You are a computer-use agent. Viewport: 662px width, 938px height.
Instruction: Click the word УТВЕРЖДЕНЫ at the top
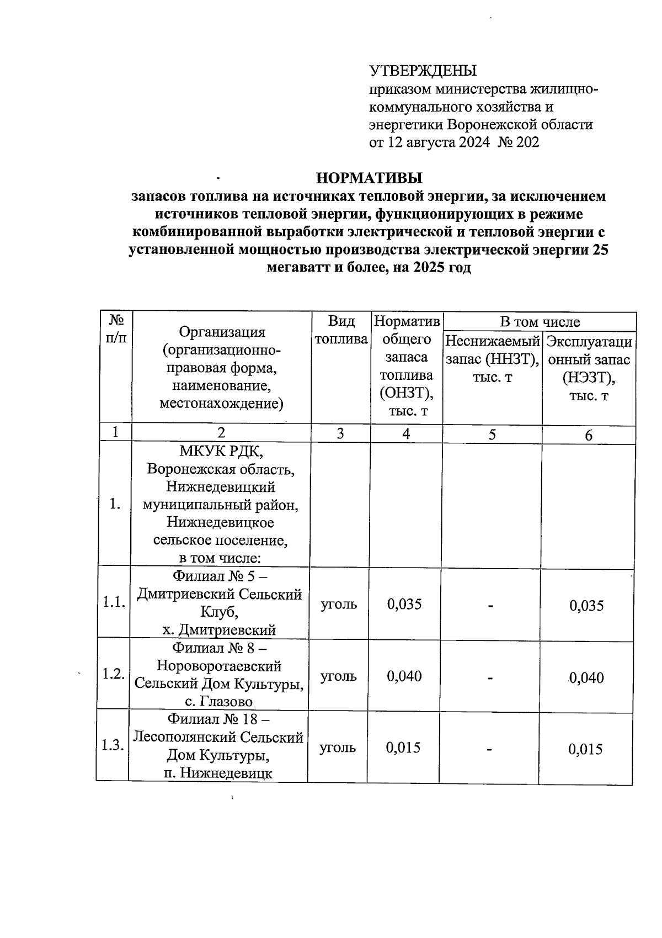pos(423,71)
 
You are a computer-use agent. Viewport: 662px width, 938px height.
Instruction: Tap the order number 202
pos(528,142)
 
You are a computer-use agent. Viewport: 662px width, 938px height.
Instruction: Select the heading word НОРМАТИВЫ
pos(369,178)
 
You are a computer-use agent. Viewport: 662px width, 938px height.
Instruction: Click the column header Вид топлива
pos(341,330)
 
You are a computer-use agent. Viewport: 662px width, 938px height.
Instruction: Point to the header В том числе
pos(540,321)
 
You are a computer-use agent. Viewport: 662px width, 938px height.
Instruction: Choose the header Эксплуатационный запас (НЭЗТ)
pos(589,368)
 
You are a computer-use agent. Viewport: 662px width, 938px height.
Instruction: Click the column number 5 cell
pos(492,434)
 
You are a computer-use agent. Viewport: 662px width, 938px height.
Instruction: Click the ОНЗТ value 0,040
pos(404,676)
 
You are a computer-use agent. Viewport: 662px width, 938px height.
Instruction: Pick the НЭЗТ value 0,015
pos(586,749)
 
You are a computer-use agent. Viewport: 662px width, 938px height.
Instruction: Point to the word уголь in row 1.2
pos(338,676)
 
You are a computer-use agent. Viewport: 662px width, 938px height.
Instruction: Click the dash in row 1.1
pos(490,606)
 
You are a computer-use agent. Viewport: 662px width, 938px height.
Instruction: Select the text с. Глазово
pos(218,702)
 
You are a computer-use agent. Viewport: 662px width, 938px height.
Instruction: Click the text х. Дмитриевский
pos(219,630)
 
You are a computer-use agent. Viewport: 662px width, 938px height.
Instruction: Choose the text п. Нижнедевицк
pos(218,773)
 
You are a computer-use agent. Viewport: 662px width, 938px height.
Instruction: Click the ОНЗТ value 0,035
pos(404,604)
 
